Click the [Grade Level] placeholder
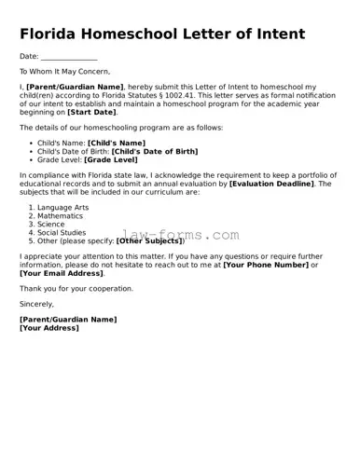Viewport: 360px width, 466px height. tap(111, 159)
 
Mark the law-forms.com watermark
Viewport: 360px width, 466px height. tap(180, 236)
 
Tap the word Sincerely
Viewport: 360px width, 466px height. tap(37, 304)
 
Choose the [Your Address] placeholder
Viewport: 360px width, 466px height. tap(51, 328)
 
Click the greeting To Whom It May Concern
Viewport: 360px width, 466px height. tap(64, 71)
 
